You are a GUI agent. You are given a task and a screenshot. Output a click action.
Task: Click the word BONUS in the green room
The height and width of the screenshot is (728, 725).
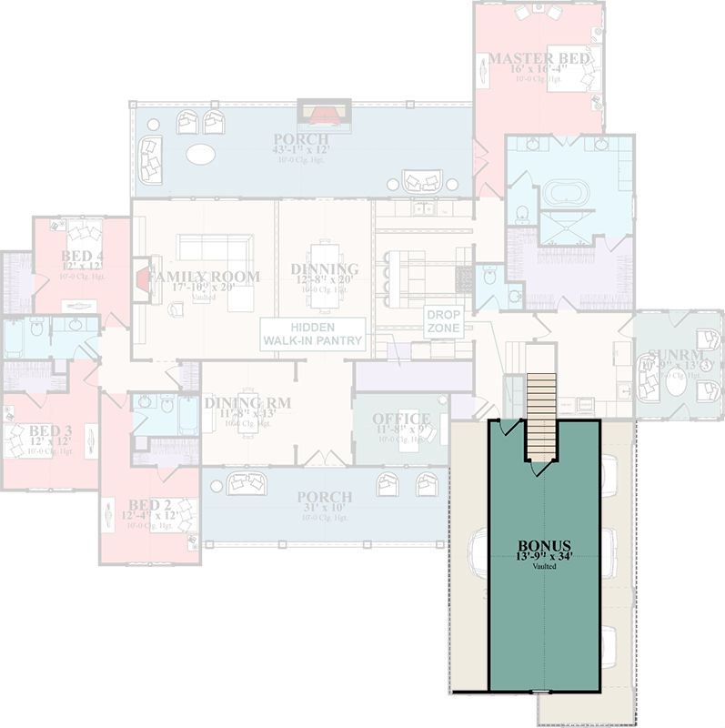(x=542, y=548)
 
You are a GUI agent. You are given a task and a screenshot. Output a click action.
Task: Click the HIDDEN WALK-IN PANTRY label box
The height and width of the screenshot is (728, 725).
(x=313, y=334)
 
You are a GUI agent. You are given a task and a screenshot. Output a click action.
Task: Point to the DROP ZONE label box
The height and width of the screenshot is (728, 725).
(x=444, y=322)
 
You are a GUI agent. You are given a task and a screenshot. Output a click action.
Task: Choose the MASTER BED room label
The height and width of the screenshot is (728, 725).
(x=539, y=60)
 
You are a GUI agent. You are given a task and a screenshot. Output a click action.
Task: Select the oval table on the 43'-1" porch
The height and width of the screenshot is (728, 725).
(x=200, y=155)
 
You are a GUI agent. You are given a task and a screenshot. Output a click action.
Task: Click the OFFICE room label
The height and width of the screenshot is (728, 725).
(x=401, y=420)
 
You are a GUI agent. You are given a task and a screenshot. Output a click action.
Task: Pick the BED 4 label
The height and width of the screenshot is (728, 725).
(x=83, y=256)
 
